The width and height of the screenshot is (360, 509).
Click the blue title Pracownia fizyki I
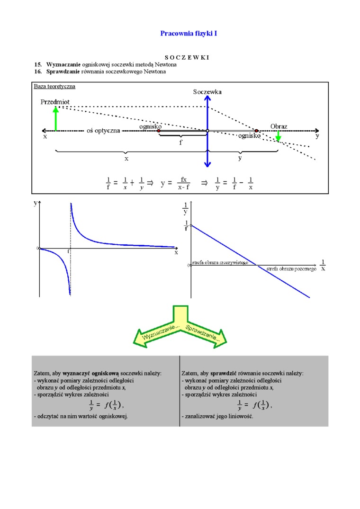click(189, 34)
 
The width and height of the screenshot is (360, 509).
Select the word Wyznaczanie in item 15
click(63, 64)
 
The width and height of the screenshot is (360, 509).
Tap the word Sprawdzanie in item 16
click(63, 71)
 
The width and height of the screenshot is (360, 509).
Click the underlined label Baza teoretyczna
click(54, 86)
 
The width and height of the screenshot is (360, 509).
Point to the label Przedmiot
click(55, 102)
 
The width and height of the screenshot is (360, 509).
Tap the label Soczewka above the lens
click(207, 91)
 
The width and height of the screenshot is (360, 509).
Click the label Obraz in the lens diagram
click(279, 126)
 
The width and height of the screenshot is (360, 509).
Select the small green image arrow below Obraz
click(278, 136)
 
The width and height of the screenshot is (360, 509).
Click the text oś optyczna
click(103, 130)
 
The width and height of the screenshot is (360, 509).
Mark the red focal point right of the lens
click(256, 131)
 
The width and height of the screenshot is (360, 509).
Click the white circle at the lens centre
click(207, 131)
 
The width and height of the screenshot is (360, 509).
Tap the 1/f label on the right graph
click(186, 226)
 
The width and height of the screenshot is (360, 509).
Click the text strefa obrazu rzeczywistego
click(220, 262)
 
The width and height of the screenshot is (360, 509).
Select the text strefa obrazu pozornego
click(291, 268)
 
